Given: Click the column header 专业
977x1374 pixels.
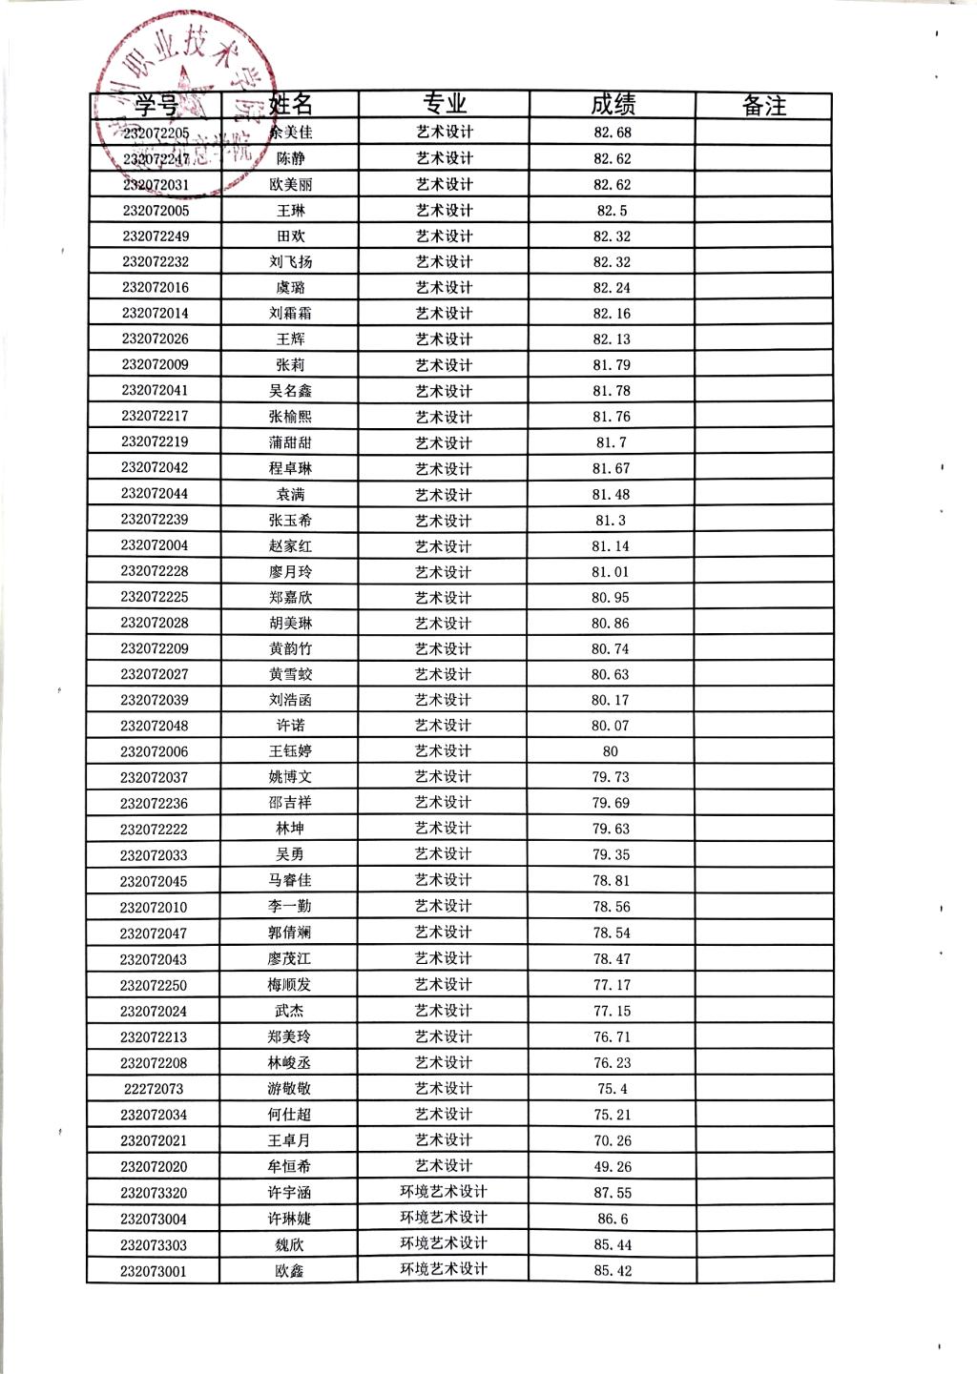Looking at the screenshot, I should coord(444,104).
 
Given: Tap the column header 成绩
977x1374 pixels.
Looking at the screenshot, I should coord(613,104).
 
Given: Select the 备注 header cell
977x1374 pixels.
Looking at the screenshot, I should coord(763,105).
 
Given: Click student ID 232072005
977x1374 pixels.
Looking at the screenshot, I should coord(156,211).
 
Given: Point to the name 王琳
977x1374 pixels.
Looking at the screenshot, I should coord(290,211).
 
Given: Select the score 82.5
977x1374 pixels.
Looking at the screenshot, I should coord(612,211).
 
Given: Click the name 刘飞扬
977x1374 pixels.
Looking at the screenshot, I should coord(290,262).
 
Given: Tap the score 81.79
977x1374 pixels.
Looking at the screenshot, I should coord(612,365).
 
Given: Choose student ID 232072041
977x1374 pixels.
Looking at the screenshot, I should coord(155,391).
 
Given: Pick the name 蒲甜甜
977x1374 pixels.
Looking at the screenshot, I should coord(290,442).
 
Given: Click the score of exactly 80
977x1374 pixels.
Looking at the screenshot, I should coord(611,751).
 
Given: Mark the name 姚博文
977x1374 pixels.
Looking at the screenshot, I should coord(290,777).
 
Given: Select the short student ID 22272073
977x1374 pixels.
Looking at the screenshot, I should coord(154,1089).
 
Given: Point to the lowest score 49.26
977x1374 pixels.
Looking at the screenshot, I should coord(612,1167).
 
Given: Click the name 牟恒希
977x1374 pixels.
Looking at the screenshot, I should coord(289,1166).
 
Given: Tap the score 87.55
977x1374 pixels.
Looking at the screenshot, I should coord(612,1193).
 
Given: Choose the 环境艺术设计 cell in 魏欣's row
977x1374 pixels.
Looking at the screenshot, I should coord(444,1243).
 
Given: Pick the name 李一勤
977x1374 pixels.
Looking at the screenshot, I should coord(289,907).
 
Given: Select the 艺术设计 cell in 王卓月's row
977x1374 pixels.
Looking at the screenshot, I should coord(444,1140).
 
